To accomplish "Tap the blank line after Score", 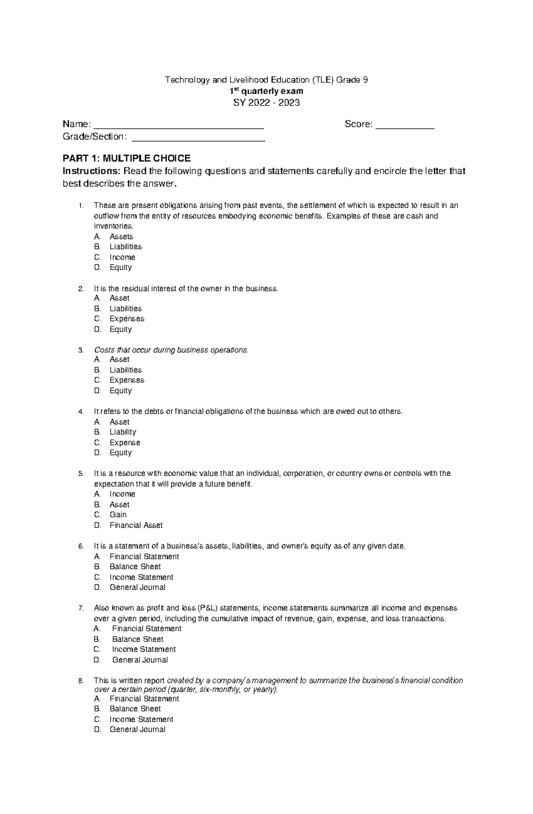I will (x=405, y=127).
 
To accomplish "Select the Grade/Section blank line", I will (x=199, y=139).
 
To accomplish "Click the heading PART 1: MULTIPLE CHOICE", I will (x=127, y=158).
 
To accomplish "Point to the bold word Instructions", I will (x=91, y=171).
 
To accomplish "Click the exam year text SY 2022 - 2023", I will (x=266, y=103).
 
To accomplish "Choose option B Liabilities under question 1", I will (x=126, y=247).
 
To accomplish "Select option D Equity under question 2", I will (x=120, y=329).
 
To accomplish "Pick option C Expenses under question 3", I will (x=127, y=380).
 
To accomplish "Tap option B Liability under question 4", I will (x=123, y=432).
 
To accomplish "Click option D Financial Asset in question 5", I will (x=136, y=525).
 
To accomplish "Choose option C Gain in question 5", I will (x=118, y=515).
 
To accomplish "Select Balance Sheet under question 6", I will (x=135, y=566).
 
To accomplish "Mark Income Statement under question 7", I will (x=143, y=649).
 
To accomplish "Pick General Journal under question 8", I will (x=137, y=729).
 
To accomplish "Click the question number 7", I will (x=80, y=608).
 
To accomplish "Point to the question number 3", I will (x=80, y=350).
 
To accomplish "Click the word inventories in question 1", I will (x=113, y=226).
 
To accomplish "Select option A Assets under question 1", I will (x=121, y=236).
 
